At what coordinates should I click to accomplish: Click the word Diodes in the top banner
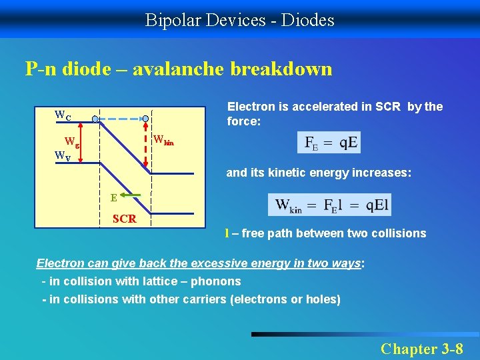point(308,20)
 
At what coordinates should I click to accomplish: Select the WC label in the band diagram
point(63,115)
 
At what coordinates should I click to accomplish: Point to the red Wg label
point(71,142)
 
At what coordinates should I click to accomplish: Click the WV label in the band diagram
point(63,157)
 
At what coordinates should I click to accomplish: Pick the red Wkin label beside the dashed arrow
point(163,141)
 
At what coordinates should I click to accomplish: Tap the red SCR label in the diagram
point(125,219)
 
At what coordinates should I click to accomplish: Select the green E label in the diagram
point(114,197)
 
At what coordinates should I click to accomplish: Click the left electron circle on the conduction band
point(95,119)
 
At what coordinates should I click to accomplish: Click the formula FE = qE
point(330,143)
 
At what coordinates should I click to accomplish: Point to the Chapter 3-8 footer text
point(421,348)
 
